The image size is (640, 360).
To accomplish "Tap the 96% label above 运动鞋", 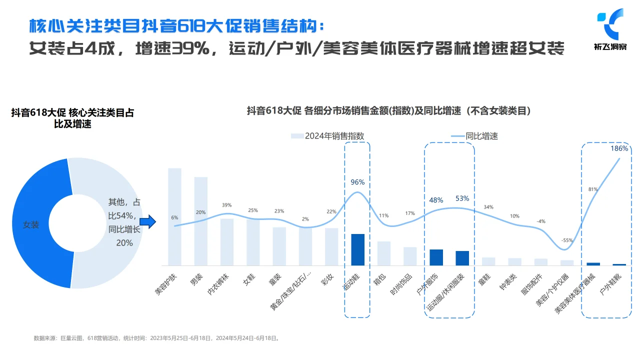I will [357, 182].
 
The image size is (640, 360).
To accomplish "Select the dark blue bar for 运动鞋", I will [357, 249].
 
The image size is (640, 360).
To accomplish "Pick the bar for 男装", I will [201, 221].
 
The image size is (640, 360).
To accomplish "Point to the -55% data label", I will [567, 240].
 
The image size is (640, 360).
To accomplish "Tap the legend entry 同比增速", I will [474, 136].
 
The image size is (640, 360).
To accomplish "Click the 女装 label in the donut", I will [31, 225].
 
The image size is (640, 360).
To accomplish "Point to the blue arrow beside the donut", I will [147, 222].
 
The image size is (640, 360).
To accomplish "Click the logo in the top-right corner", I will [610, 28].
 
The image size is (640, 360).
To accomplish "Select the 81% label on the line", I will [593, 189].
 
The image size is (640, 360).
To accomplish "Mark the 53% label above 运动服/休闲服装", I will [462, 198].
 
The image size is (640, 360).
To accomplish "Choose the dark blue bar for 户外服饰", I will [436, 257].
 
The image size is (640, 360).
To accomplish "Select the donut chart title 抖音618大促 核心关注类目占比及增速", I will [72, 118].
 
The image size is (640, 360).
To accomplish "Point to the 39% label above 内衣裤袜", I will [226, 205].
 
